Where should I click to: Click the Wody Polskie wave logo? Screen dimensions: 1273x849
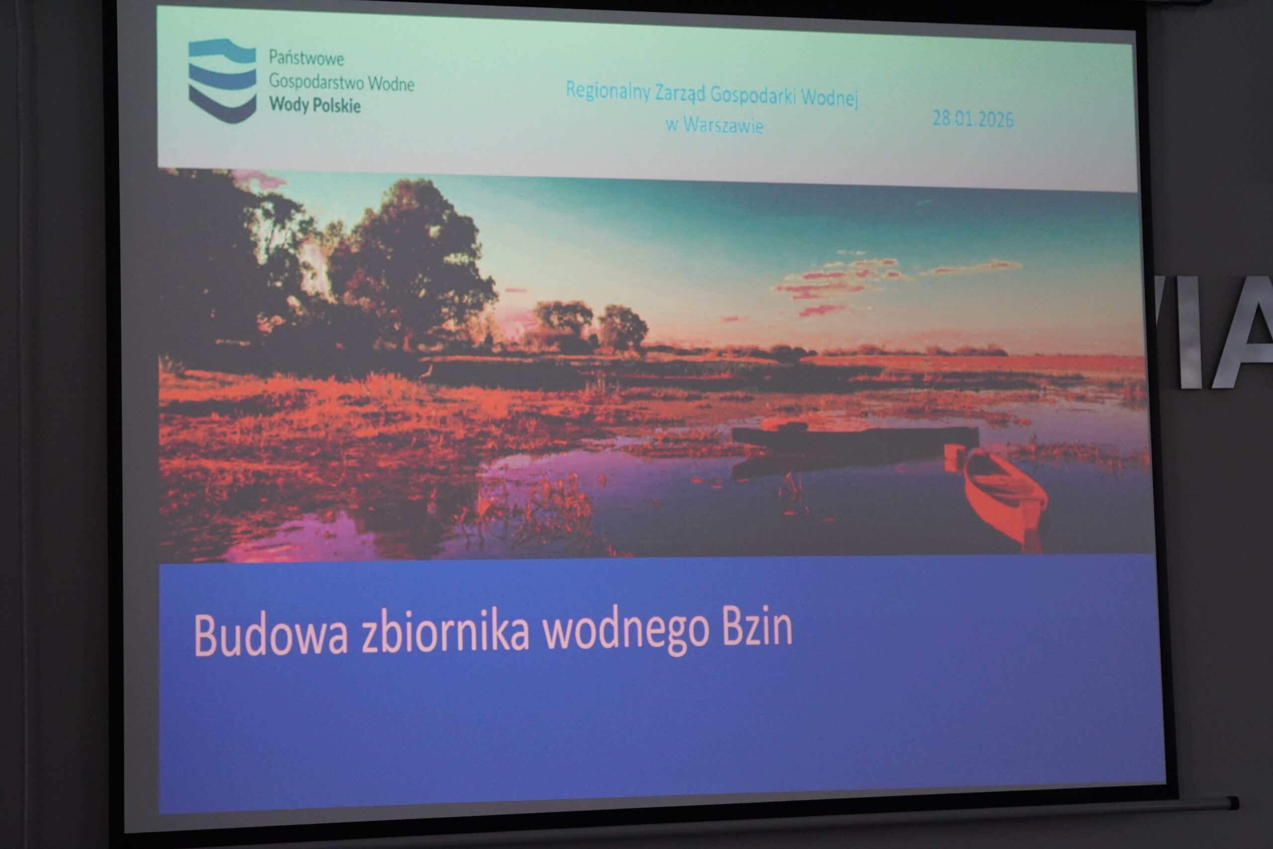click(x=222, y=81)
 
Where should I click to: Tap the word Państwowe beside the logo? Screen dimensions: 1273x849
click(x=306, y=57)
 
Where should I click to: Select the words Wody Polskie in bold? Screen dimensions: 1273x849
click(x=315, y=104)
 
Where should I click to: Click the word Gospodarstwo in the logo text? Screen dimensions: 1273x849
click(x=316, y=81)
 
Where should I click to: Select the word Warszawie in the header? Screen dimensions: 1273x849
click(x=723, y=125)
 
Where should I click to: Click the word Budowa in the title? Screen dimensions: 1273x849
click(x=270, y=635)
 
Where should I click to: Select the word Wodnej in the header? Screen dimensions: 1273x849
click(x=829, y=98)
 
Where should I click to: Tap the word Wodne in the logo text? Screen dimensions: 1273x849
click(x=391, y=84)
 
